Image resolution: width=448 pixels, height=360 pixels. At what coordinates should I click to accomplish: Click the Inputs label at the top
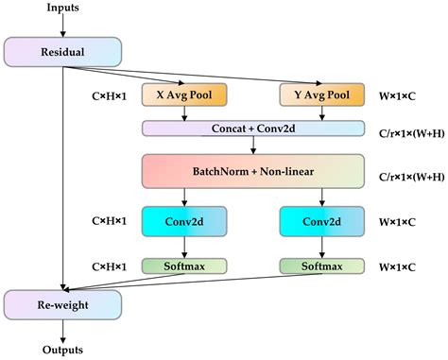[x=62, y=9]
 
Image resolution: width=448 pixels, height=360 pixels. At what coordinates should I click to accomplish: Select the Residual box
[x=62, y=52]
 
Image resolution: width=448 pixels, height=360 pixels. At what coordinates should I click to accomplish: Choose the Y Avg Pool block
[x=322, y=95]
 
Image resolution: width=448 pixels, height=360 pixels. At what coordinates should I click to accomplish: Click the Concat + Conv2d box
[x=252, y=129]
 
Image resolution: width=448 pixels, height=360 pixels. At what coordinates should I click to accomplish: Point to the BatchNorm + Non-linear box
[x=252, y=170]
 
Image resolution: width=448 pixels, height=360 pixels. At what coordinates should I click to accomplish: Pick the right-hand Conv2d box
[x=322, y=221]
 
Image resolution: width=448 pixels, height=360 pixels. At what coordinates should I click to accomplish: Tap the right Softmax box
[x=322, y=266]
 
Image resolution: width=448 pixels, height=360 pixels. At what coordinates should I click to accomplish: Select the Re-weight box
[x=62, y=303]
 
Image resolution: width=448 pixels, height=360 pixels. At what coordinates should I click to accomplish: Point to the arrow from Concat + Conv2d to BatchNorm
[x=252, y=145]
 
